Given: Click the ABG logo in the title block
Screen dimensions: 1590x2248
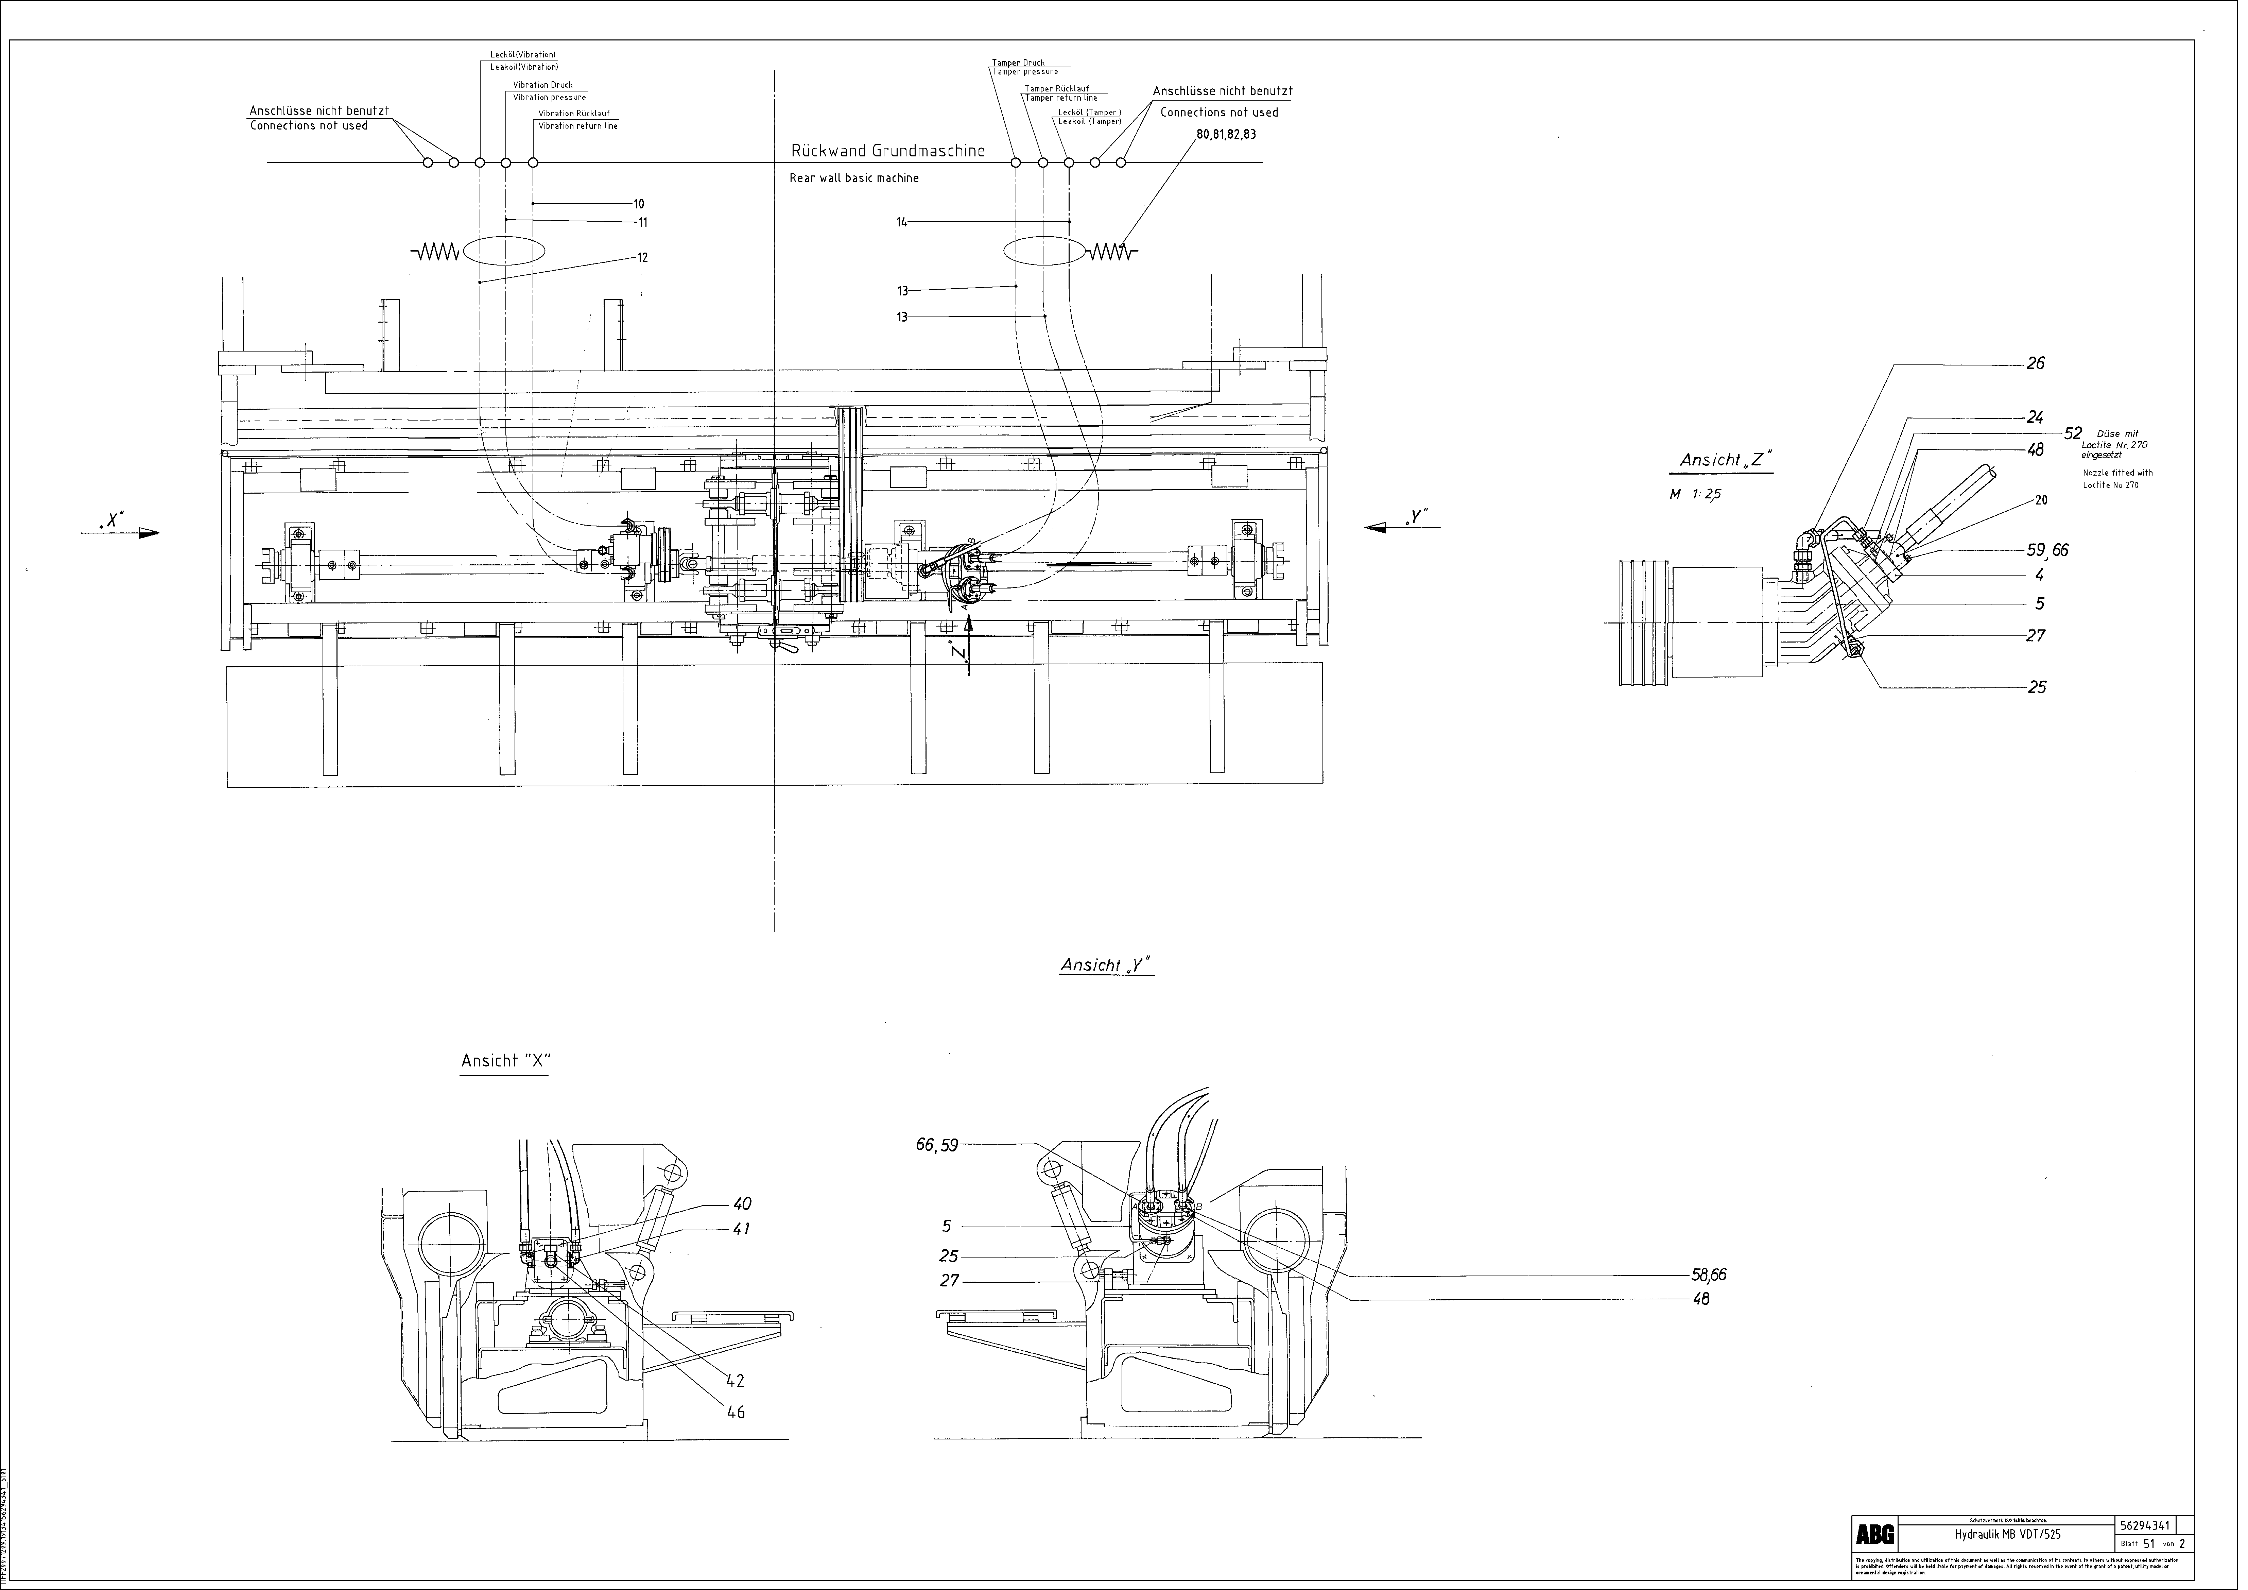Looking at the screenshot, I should pos(1875,1534).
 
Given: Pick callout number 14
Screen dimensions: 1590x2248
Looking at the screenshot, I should pos(902,222).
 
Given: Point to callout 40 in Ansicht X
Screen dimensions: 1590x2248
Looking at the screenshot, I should pos(742,1204).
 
